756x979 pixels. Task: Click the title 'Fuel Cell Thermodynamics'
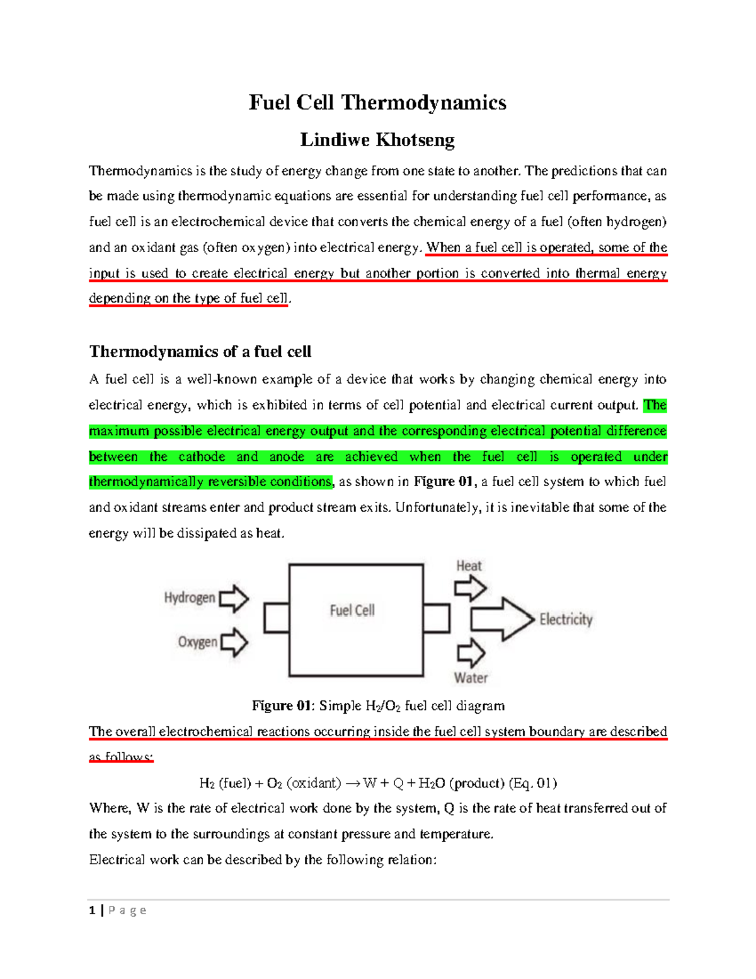point(377,103)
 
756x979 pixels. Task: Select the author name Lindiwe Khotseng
point(377,140)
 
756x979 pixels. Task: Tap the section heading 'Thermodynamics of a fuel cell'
point(200,352)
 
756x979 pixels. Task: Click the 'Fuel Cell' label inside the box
point(352,610)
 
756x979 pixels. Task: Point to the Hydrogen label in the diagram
point(189,598)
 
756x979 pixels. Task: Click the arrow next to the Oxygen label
point(234,642)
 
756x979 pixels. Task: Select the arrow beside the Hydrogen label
point(234,598)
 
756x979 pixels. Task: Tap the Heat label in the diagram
point(469,566)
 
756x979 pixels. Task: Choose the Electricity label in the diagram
point(566,620)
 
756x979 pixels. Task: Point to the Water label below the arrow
point(471,678)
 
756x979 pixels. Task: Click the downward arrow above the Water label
point(471,652)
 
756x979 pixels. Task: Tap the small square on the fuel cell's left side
point(276,618)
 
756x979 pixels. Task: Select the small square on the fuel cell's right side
point(437,618)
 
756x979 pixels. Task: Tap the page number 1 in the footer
point(93,910)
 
